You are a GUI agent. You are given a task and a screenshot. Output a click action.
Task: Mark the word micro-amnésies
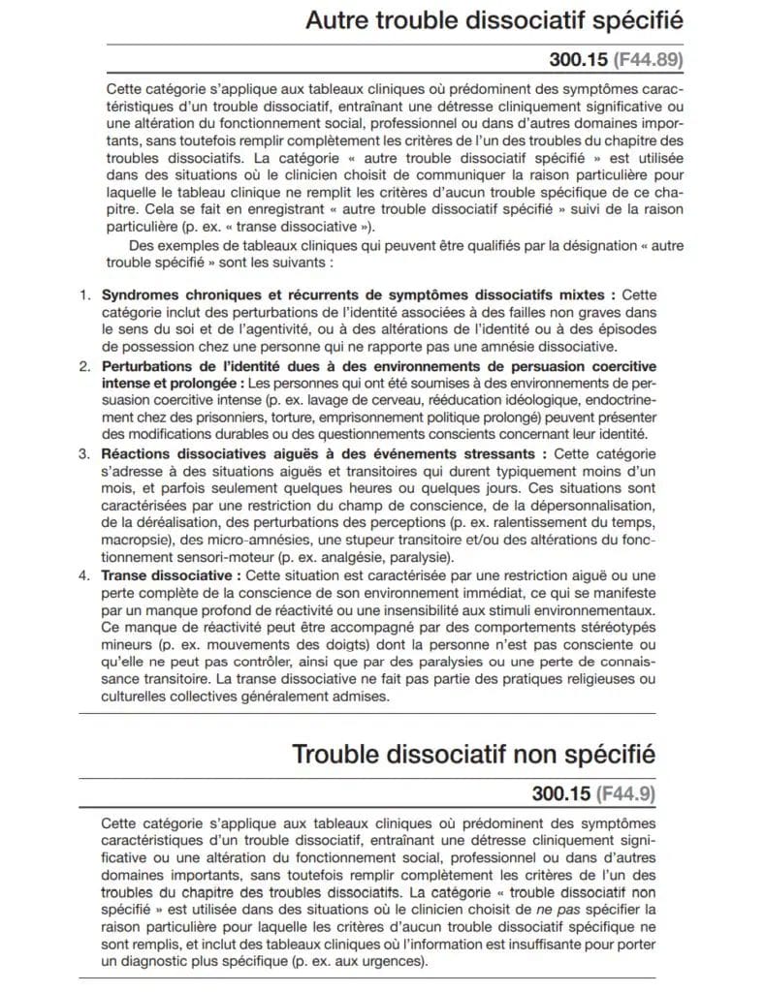[239, 541]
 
